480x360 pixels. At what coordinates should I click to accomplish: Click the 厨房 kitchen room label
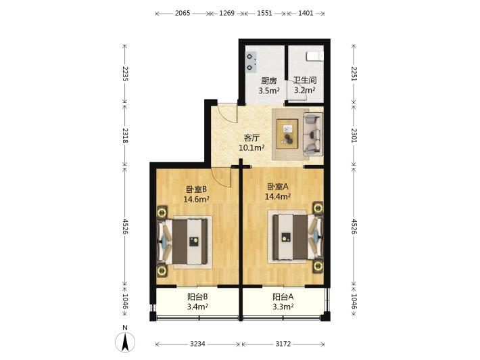[269, 81]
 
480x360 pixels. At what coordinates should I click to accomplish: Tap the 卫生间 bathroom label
[305, 81]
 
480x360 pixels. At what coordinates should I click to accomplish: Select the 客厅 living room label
[251, 138]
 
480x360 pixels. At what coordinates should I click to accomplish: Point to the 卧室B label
[196, 189]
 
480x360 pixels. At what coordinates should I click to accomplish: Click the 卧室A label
[278, 187]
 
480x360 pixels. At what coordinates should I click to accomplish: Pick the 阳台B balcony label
[197, 296]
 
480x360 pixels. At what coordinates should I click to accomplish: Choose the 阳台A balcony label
[283, 296]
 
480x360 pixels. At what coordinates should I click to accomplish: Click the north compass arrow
[125, 343]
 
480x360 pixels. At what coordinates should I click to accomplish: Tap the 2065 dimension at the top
[183, 13]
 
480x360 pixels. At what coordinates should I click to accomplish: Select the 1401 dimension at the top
[306, 13]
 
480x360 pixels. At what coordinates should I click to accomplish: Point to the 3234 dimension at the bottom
[197, 344]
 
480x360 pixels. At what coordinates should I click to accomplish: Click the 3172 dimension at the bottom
[283, 344]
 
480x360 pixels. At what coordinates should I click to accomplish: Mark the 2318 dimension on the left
[125, 135]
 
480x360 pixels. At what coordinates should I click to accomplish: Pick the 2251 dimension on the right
[354, 74]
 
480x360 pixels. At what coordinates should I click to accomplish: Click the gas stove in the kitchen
[251, 62]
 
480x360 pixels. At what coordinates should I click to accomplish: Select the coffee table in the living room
[287, 134]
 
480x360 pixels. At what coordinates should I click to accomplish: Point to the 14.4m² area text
[278, 196]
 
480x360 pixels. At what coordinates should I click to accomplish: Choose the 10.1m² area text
[251, 148]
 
